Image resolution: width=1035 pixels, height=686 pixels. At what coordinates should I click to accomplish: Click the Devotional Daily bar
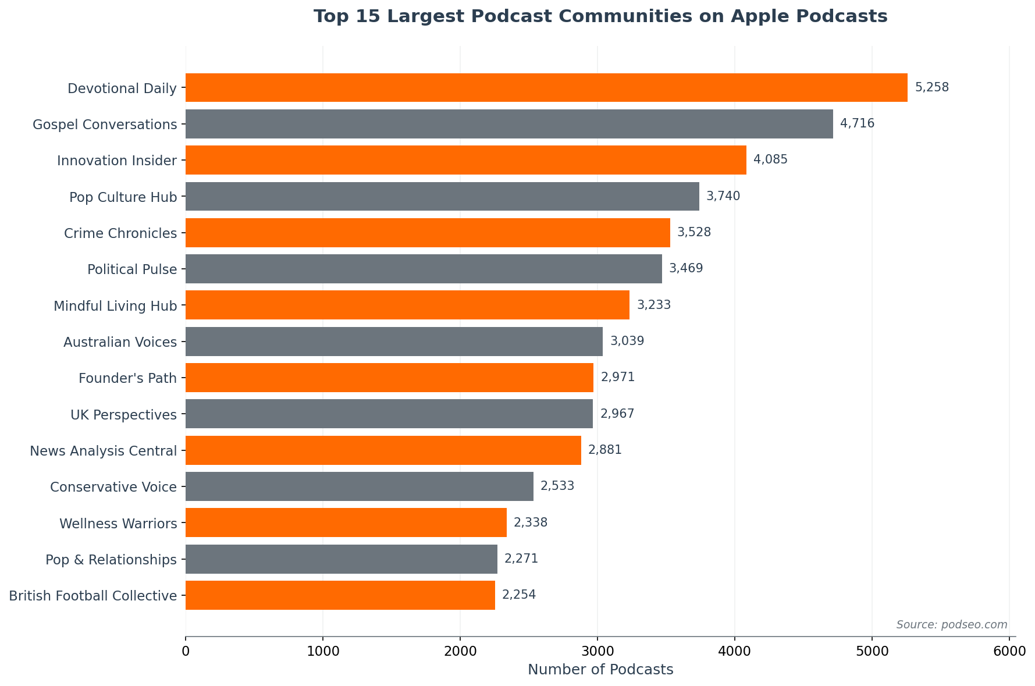pos(546,88)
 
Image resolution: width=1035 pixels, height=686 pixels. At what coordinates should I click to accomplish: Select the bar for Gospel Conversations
pos(509,124)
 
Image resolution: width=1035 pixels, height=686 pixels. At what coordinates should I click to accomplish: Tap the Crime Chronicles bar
pos(428,233)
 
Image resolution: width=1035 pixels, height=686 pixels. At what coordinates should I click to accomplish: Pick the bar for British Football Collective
pos(340,595)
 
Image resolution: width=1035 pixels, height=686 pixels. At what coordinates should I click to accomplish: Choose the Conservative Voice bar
pos(359,486)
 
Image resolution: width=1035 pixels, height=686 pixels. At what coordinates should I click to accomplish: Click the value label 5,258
pos(931,88)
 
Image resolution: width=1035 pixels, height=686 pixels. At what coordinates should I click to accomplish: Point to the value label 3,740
pos(723,197)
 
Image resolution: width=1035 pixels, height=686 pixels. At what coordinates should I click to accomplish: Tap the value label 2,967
pos(617,414)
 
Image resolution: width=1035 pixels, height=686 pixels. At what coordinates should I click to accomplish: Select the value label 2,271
pos(521,559)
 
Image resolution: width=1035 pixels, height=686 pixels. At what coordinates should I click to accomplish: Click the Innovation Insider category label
pos(117,161)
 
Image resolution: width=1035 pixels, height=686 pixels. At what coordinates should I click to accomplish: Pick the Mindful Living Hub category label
pos(115,306)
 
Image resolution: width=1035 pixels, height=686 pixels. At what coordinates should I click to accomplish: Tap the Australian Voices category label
pos(120,342)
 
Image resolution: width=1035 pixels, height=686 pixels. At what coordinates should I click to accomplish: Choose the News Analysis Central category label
pos(103,451)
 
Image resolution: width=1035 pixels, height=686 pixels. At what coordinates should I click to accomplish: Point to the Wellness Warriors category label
pos(118,524)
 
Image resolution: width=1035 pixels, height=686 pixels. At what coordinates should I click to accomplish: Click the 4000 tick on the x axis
pos(735,652)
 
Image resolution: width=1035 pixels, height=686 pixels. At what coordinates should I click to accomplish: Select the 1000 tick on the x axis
pos(323,652)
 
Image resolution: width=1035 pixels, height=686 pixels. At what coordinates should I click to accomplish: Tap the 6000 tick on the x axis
pos(1009,652)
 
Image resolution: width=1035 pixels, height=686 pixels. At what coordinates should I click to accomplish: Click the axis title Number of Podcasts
pos(600,670)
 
